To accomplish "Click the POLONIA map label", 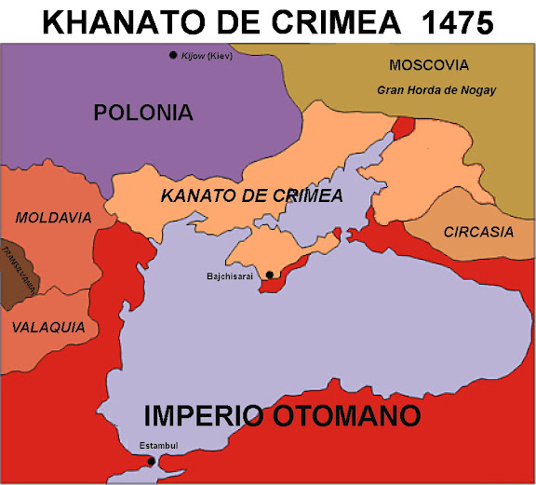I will tap(143, 114).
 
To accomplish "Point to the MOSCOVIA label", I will tap(429, 65).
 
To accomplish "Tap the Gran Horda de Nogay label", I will tap(436, 90).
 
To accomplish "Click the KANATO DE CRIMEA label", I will tap(251, 195).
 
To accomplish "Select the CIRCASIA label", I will tap(477, 232).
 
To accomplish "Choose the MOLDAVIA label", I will tap(53, 218).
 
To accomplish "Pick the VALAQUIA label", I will tap(48, 328).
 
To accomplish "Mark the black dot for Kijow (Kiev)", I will tap(173, 56).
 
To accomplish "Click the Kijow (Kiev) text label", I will tap(206, 56).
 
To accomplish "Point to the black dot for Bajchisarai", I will tap(270, 275).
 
